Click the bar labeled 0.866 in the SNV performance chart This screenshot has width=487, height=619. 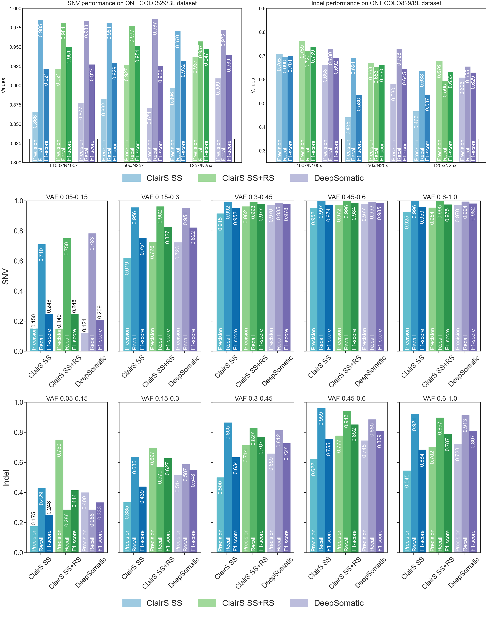(x=35, y=137)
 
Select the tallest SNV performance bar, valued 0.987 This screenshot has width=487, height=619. (x=155, y=91)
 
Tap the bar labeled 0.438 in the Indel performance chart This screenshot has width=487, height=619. (x=348, y=140)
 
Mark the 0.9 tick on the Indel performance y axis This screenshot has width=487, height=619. (x=262, y=9)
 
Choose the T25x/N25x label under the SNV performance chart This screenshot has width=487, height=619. (x=200, y=165)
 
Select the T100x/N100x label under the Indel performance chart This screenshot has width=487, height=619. (x=307, y=165)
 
